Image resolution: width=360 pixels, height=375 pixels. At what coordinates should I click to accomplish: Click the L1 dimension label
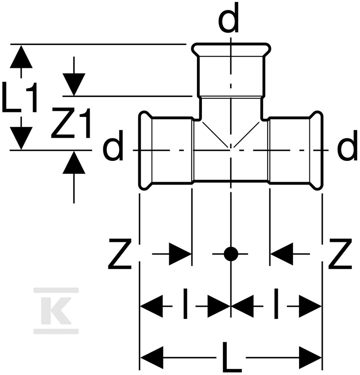tap(20, 97)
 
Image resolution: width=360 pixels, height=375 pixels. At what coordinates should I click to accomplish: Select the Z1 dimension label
tap(71, 123)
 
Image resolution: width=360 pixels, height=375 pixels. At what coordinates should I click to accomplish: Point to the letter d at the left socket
tap(113, 145)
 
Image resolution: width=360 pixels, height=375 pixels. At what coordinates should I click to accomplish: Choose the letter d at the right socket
tap(347, 145)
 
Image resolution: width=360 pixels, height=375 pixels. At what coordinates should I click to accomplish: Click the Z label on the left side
tap(120, 254)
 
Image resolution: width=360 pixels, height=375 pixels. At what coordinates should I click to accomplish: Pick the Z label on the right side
tap(340, 254)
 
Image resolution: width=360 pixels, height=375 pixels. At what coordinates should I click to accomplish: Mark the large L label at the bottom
tap(231, 358)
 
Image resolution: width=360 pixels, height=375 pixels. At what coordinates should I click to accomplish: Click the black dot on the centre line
tap(231, 254)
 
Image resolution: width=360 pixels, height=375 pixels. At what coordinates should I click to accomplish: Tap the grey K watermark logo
tap(56, 311)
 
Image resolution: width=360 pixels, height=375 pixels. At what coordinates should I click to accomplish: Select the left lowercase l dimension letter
tap(185, 304)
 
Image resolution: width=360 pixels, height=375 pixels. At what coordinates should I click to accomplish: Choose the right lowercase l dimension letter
tap(276, 304)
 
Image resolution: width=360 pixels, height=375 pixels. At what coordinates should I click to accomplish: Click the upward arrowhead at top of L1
tap(21, 57)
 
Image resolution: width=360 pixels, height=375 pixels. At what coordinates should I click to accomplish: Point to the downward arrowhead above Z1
tap(74, 85)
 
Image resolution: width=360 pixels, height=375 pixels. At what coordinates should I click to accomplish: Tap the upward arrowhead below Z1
tap(74, 163)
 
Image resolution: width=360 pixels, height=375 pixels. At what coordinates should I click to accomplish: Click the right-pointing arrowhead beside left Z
tap(180, 254)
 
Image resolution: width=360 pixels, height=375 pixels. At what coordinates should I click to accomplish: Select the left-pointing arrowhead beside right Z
tap(282, 254)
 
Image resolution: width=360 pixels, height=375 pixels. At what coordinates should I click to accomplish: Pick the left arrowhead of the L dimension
tap(152, 358)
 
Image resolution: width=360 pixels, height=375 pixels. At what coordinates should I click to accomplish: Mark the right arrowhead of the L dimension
tap(310, 358)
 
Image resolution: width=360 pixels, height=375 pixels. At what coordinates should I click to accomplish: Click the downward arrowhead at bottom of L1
tap(21, 138)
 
